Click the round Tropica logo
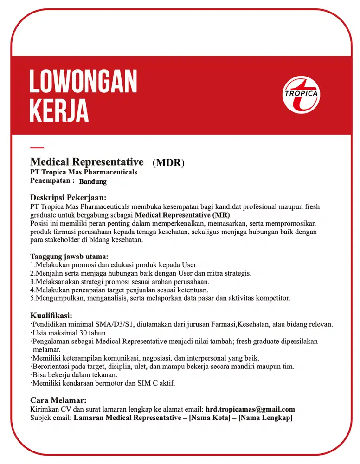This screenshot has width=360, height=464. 301,95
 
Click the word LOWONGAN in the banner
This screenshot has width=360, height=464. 84,82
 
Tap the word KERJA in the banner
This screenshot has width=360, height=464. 59,110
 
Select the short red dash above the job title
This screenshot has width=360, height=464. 37,148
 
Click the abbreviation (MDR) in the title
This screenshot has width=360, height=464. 168,163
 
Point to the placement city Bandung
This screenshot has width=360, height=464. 93,181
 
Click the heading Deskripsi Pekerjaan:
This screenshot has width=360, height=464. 68,197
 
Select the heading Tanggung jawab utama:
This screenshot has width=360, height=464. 69,257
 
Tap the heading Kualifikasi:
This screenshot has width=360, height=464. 51,316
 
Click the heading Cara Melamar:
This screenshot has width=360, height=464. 58,400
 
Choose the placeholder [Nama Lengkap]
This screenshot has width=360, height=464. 265,418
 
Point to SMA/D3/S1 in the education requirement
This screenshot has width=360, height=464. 114,324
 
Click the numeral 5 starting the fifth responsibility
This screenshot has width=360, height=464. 32,298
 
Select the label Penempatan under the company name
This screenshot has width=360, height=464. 50,180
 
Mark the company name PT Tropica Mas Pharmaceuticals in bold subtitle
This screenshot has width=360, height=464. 84,172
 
